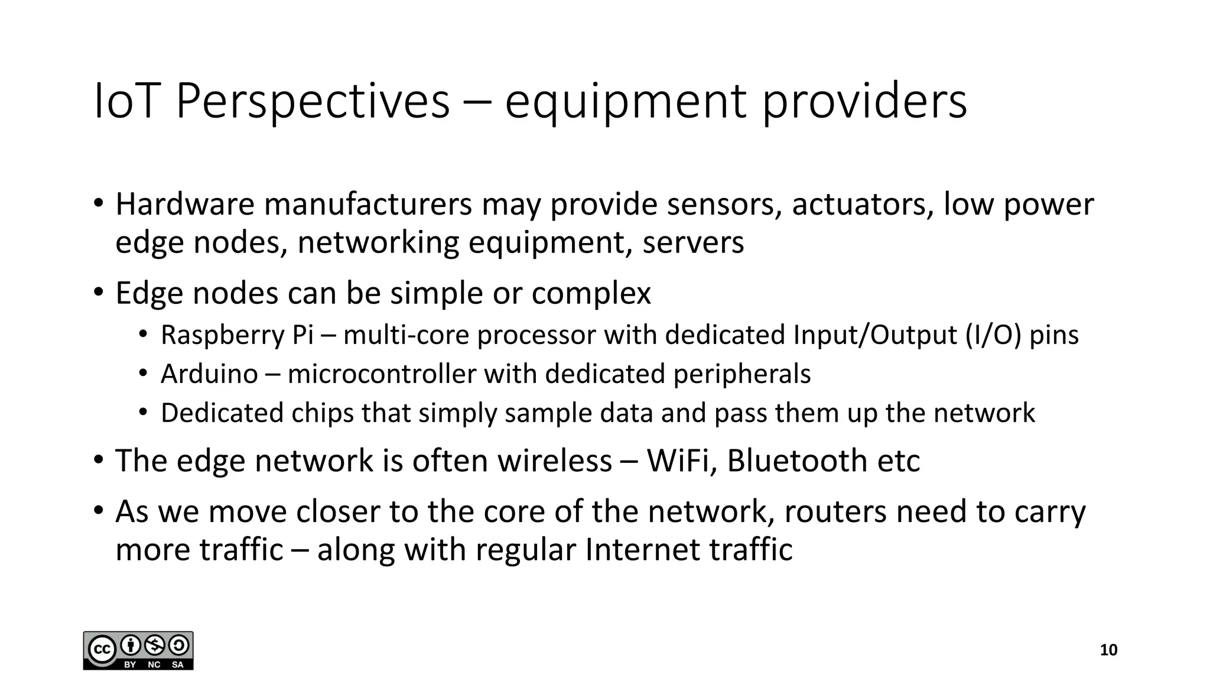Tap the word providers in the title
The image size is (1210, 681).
(864, 102)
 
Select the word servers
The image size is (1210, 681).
(693, 243)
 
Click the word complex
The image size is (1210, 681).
(591, 294)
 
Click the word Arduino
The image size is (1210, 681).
(209, 374)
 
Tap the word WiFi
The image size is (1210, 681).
(681, 461)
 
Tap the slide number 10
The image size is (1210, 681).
(1108, 650)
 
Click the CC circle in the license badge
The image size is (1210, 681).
(101, 650)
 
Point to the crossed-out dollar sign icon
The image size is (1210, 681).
(154, 644)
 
